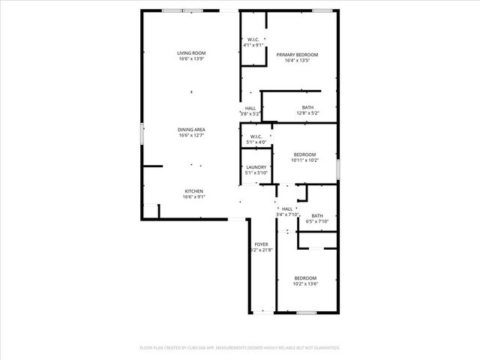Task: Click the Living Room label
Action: coord(191,53)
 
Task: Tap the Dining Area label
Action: coord(191,130)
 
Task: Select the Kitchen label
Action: coord(193,191)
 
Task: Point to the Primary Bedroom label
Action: coord(297,55)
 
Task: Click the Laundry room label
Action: coord(256,167)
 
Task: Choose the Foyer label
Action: coord(261,244)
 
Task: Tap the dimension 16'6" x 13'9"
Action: coord(191,59)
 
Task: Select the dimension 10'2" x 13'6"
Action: coord(304,283)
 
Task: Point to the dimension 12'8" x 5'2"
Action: coord(307,113)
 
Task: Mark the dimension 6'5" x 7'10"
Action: coord(317,221)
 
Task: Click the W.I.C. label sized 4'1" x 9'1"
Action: coord(253,40)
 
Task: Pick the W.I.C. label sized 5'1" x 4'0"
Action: coord(256,136)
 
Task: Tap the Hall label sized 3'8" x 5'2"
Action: coord(250,108)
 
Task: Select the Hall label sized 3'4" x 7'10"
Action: coord(287,208)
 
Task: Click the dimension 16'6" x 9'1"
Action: coord(193,197)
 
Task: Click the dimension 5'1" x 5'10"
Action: coord(256,173)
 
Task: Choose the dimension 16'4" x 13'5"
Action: coord(297,61)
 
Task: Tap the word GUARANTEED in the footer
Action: coord(324,348)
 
